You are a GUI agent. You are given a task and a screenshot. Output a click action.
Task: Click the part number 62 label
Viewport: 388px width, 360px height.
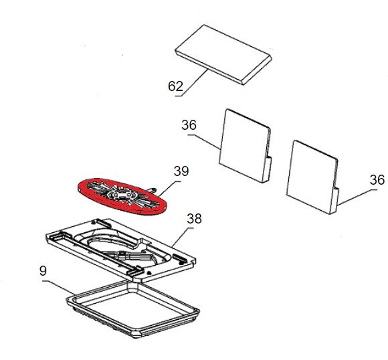pos(175,86)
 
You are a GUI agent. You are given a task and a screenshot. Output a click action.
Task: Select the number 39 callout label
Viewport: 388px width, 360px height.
pos(181,171)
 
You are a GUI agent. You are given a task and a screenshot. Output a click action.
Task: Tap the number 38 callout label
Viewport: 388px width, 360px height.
pos(194,219)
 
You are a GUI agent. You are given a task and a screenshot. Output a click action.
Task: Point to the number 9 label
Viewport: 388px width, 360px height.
pos(43,271)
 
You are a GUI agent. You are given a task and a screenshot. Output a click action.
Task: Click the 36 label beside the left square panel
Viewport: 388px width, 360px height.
pos(189,125)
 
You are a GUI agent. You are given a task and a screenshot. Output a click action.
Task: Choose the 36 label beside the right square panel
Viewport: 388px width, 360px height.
pos(377,180)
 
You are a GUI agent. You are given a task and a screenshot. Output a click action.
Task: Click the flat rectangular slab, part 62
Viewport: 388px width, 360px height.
pos(223,54)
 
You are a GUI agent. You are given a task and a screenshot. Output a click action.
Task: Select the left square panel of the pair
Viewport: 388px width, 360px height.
pos(246,146)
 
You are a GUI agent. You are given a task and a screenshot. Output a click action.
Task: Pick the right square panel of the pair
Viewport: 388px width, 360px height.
pos(312,177)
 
